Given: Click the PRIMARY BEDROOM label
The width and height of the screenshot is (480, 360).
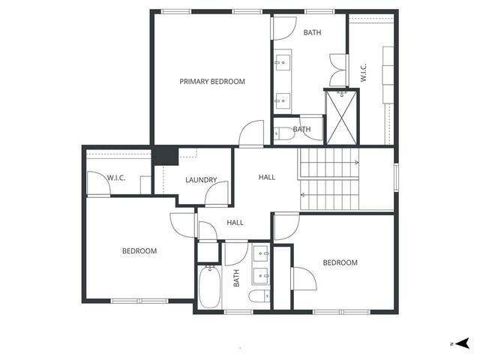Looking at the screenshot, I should coord(211,82).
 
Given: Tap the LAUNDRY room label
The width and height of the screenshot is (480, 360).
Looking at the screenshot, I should coord(201,180).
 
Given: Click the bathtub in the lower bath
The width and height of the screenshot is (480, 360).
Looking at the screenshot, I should coord(209,286).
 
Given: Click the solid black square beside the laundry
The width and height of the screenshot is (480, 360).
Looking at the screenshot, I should coord(165,156).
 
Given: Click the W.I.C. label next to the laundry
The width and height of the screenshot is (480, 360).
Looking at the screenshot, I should coord(116,178).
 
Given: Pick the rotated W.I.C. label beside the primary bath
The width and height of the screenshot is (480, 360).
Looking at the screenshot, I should coord(363,73).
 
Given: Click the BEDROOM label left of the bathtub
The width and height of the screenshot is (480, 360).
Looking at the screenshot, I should coord(139,251).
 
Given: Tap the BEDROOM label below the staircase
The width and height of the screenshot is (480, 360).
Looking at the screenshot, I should coord(340,262).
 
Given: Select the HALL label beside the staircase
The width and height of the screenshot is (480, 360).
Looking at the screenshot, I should coord(266,178).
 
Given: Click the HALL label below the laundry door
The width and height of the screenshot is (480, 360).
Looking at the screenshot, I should coord(235,223).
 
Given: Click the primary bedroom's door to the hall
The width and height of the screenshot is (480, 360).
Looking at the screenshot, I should coord(250,135).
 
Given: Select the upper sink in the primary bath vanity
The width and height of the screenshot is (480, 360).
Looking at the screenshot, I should coord(283,59).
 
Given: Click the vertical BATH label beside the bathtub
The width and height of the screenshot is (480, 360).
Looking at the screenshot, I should coord(236,279).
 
